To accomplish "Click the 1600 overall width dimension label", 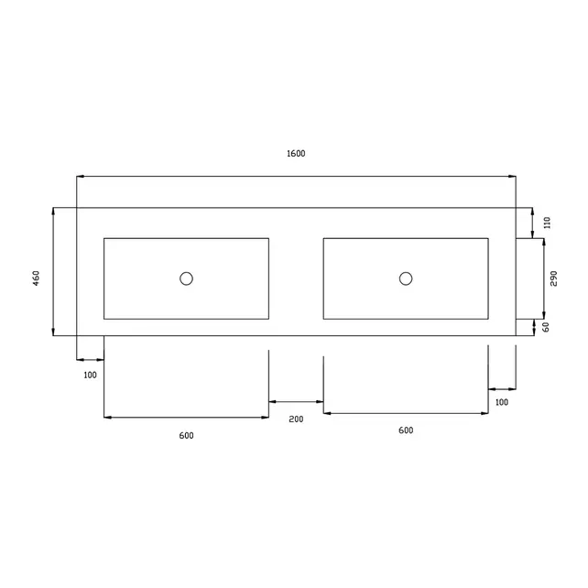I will (x=295, y=154).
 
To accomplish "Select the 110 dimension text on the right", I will (x=547, y=223).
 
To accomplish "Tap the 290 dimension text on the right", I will (x=554, y=279).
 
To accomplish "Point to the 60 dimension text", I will (x=546, y=326).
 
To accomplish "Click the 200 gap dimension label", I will (x=295, y=419).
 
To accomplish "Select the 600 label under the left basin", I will (x=186, y=435).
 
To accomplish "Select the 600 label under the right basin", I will (x=406, y=430).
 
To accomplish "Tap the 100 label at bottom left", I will (x=90, y=375).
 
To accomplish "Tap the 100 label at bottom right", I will (x=501, y=402).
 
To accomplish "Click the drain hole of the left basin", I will (x=186, y=278).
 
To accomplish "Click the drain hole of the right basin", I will (x=406, y=278).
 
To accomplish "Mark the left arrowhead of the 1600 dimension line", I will (x=80, y=176).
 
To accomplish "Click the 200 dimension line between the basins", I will (x=296, y=401).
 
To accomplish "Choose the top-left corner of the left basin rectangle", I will (x=104, y=238).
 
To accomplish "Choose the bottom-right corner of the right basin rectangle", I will (x=488, y=319).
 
